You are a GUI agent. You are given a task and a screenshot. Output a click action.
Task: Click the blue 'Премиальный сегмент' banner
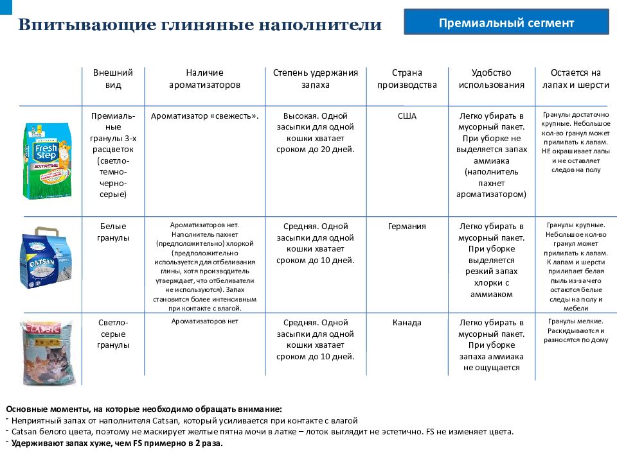[506, 22]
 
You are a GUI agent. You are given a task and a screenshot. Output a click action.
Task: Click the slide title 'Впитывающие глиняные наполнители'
[199, 25]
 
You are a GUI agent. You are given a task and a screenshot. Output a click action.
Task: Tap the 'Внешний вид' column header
[112, 79]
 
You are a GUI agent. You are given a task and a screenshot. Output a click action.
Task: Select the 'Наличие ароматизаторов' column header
[204, 79]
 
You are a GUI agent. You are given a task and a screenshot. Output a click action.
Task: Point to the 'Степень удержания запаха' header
[315, 79]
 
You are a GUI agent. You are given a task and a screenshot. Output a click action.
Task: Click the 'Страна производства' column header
[406, 79]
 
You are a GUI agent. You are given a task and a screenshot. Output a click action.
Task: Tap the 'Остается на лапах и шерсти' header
[575, 79]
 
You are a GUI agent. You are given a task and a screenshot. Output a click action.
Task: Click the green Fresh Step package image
[43, 162]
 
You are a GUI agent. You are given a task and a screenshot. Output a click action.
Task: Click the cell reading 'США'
[407, 116]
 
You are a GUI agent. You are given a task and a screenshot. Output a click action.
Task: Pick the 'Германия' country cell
[407, 227]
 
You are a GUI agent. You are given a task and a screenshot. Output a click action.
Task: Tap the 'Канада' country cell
[407, 322]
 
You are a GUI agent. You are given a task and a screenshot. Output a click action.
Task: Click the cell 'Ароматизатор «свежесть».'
[204, 116]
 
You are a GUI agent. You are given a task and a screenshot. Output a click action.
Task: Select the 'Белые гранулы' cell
[113, 232]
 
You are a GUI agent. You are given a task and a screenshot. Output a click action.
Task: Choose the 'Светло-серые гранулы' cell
[113, 333]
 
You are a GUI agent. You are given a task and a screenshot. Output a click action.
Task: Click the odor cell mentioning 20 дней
[315, 133]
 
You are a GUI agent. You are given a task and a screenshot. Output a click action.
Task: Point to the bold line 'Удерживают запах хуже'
[116, 443]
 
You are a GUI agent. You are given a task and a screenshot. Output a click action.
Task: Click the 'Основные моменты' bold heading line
[143, 409]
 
